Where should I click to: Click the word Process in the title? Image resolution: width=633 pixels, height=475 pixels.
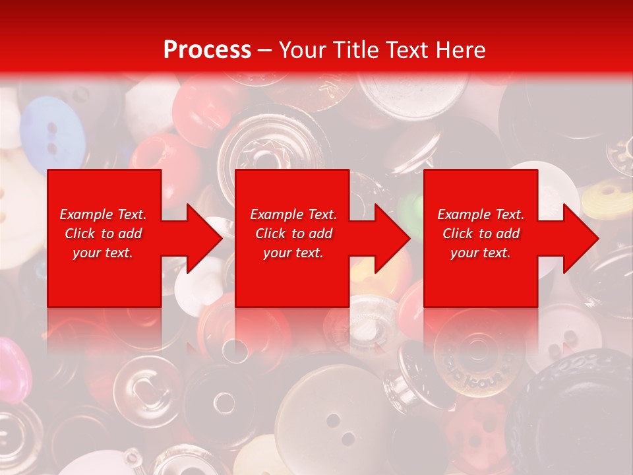pyautogui.click(x=207, y=49)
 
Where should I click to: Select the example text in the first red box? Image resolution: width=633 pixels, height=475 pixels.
pyautogui.click(x=103, y=234)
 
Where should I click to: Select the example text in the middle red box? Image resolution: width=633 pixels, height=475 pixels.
pyautogui.click(x=293, y=234)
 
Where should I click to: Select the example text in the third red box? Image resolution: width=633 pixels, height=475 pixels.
pyautogui.click(x=481, y=234)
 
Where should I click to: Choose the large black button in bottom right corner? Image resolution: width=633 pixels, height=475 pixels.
pyautogui.click(x=580, y=409)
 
